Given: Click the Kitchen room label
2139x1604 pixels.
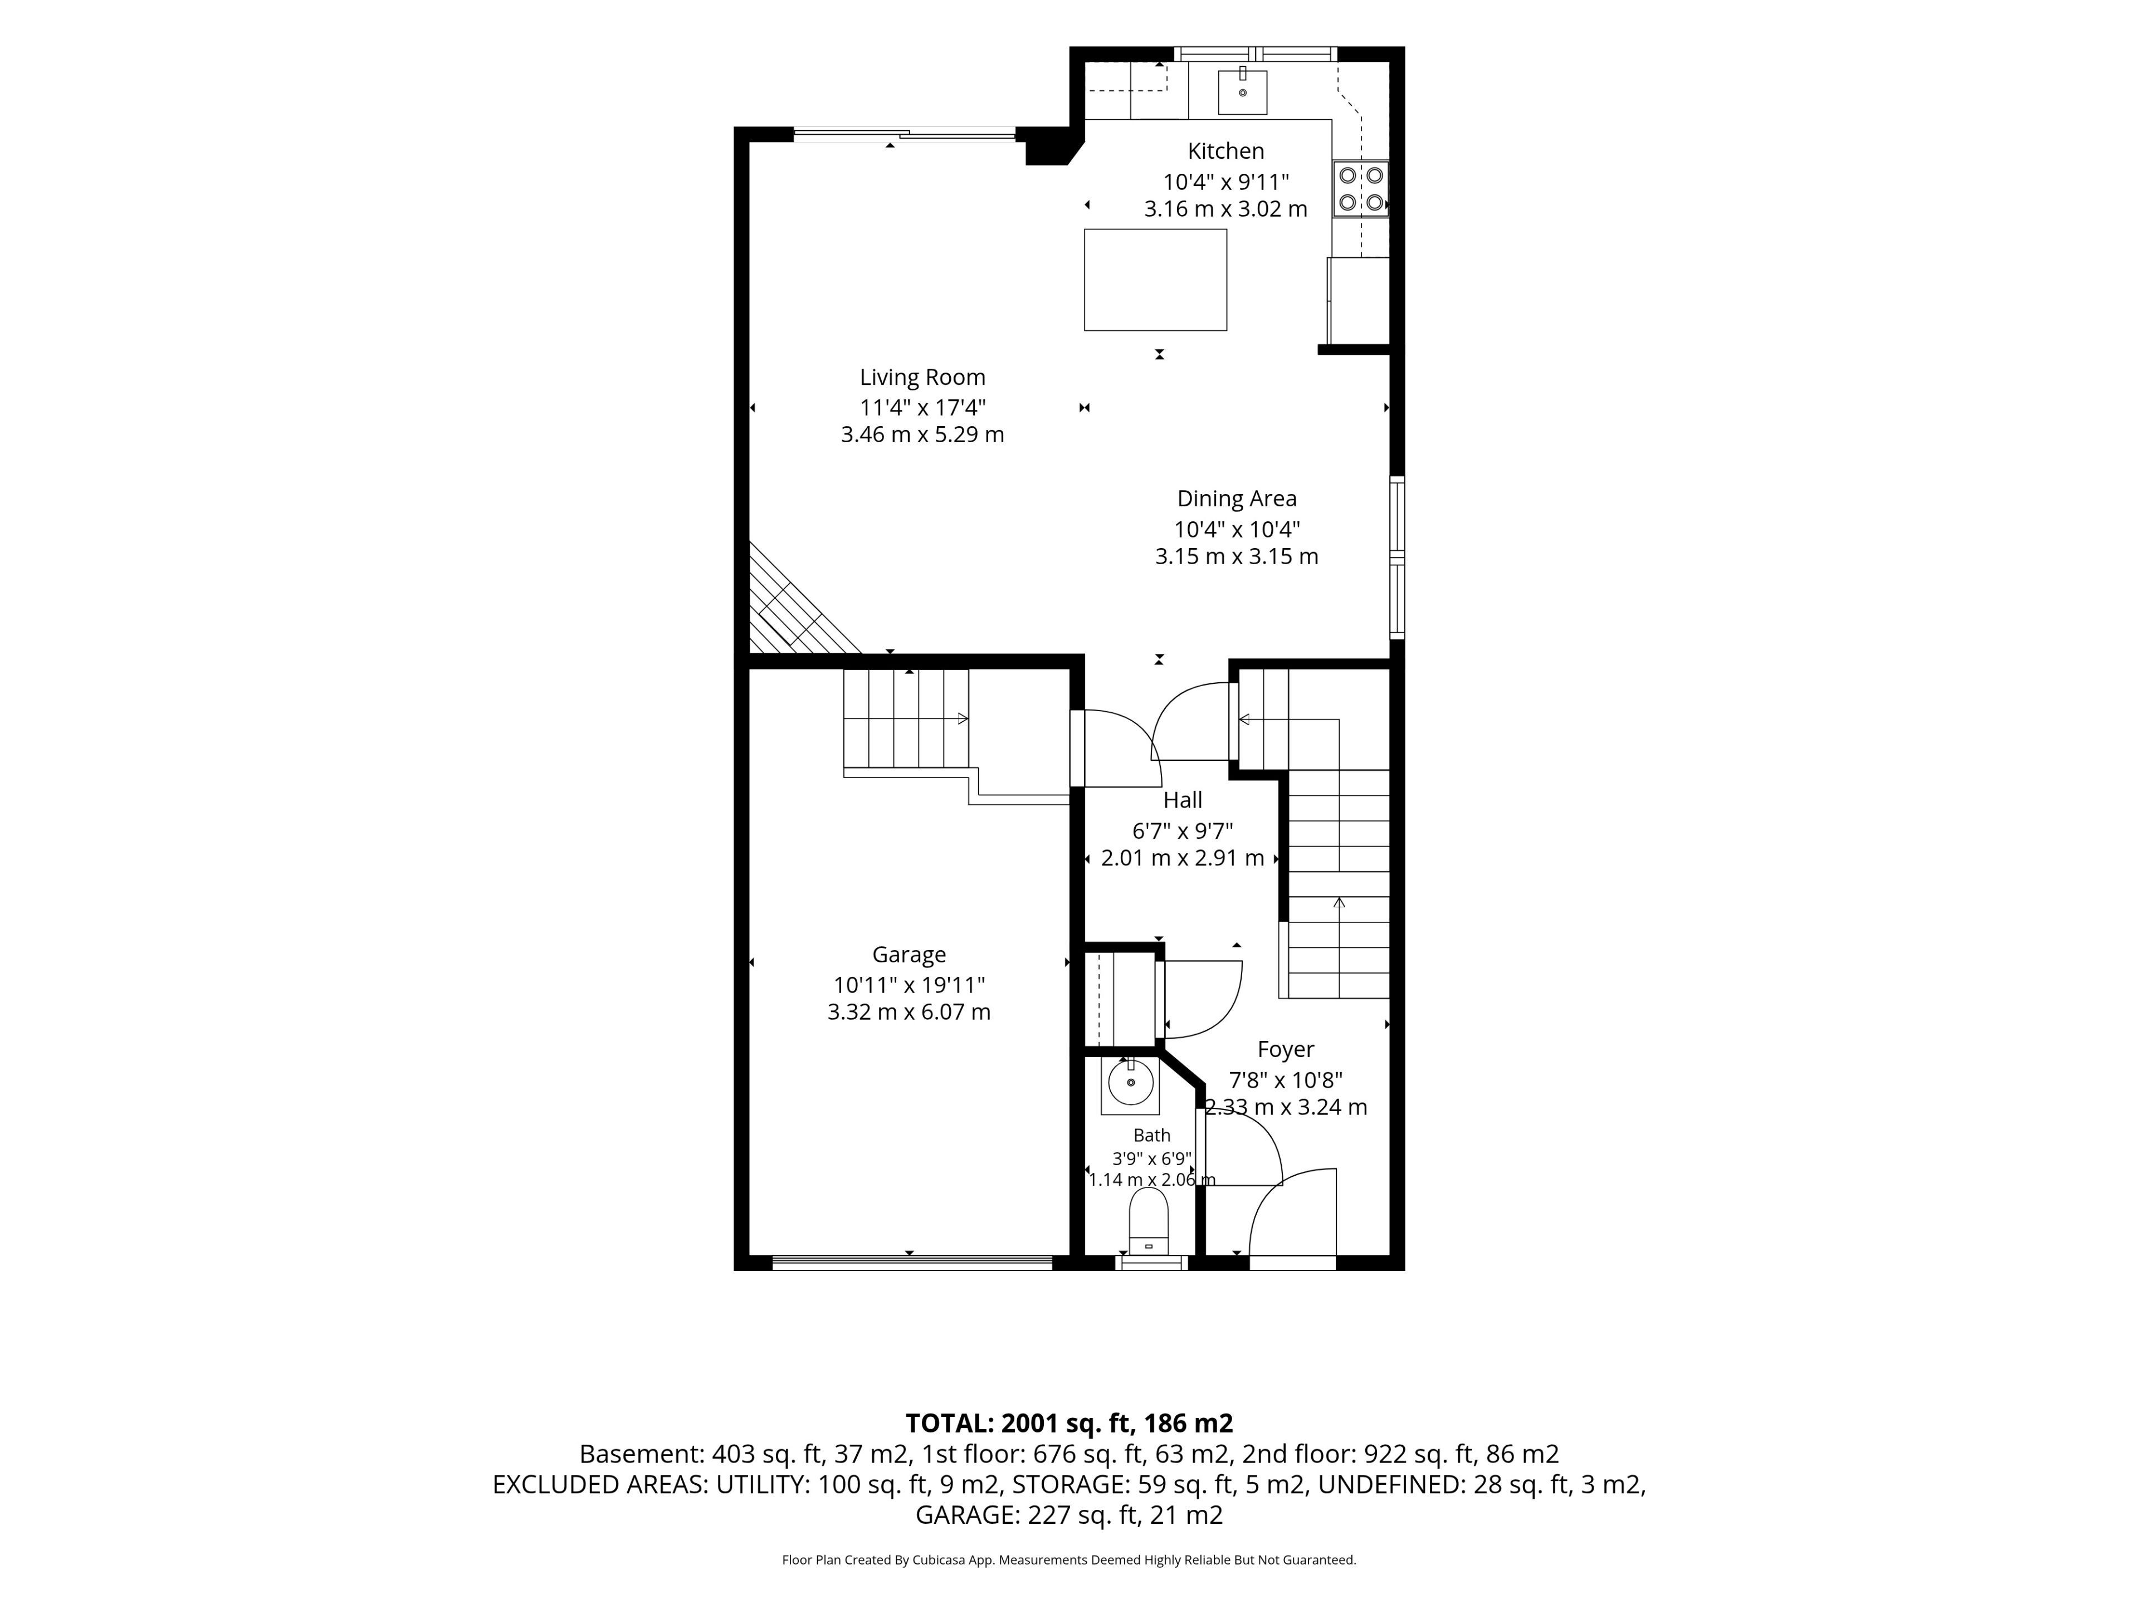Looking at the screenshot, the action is tap(1225, 151).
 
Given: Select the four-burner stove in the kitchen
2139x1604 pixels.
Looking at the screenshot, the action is tap(1361, 189).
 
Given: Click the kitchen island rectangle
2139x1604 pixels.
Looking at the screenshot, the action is tap(1156, 280).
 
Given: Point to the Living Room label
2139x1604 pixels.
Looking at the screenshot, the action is tap(922, 377).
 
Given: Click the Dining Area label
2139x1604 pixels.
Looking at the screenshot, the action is tap(1237, 499).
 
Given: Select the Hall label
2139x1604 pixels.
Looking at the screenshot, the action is tap(1183, 800).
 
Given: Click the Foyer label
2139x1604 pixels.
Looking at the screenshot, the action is tap(1286, 1050).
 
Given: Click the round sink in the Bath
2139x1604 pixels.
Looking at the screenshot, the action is tap(1130, 1083).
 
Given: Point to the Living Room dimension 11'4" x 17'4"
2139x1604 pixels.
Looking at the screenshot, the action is tap(922, 407).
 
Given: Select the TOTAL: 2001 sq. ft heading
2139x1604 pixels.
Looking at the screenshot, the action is tap(1068, 1423).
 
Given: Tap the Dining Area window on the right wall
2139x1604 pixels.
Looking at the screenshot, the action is tap(1397, 558).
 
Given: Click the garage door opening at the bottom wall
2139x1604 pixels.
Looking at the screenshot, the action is tap(912, 1261).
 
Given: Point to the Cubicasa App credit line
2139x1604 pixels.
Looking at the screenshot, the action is tap(1068, 1559).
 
